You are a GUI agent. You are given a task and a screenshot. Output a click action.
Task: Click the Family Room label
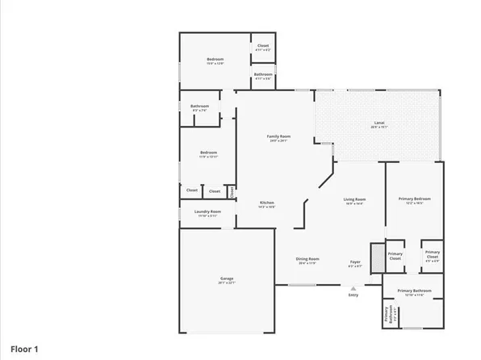pyautogui.click(x=278, y=136)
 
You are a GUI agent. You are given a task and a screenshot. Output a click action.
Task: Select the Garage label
pyautogui.click(x=226, y=278)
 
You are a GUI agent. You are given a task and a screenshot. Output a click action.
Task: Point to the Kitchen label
pyautogui.click(x=266, y=202)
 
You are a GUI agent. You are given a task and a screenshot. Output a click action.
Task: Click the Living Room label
pyautogui.click(x=355, y=199)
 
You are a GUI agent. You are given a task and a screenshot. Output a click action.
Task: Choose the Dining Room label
pyautogui.click(x=307, y=259)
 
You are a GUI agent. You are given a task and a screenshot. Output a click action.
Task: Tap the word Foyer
pyautogui.click(x=355, y=262)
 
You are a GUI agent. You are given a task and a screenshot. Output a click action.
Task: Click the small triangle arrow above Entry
pyautogui.click(x=353, y=288)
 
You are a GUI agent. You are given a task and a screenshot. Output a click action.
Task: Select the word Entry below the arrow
pyautogui.click(x=353, y=295)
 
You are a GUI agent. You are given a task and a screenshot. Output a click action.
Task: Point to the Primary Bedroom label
pyautogui.click(x=414, y=199)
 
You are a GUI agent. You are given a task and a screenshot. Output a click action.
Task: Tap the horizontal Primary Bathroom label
pyautogui.click(x=414, y=291)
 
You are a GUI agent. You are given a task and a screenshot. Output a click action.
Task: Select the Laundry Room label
pyautogui.click(x=209, y=211)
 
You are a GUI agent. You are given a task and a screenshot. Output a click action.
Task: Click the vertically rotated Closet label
pyautogui.click(x=232, y=191)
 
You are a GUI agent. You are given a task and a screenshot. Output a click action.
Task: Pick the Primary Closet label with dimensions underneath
pyautogui.click(x=432, y=255)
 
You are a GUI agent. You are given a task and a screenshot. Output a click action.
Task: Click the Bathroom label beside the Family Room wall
pyautogui.click(x=199, y=107)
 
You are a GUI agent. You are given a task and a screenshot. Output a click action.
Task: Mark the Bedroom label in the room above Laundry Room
pyautogui.click(x=208, y=153)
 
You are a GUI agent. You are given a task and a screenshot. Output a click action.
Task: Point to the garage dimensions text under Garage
pyautogui.click(x=226, y=283)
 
